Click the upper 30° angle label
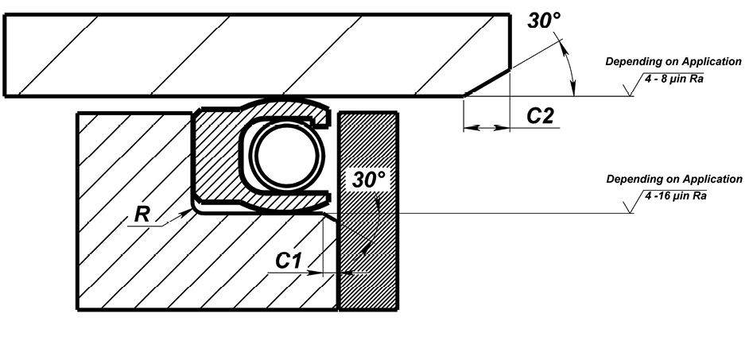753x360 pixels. click(x=545, y=21)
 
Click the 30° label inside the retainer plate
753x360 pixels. click(x=369, y=180)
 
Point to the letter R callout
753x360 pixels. click(x=140, y=214)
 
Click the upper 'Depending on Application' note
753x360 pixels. click(x=673, y=61)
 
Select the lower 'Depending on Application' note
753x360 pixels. click(x=673, y=179)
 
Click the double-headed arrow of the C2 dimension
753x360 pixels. click(x=486, y=127)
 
